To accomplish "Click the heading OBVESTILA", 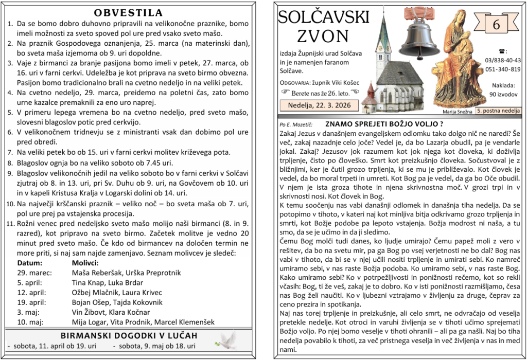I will (129, 13).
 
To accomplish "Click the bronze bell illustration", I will (420, 34).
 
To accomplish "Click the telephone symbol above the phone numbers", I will (502, 51).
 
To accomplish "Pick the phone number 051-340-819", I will (502, 69).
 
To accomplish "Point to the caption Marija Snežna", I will (457, 111).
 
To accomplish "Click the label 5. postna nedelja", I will (498, 111).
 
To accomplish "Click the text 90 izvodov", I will (503, 94).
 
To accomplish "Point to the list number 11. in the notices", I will (10, 224).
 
